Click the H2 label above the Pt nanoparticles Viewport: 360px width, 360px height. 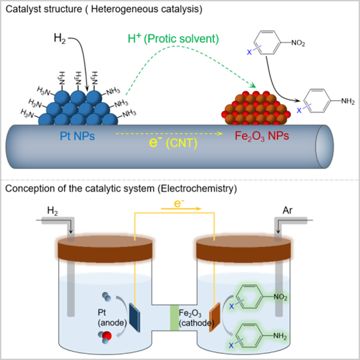pos(60,37)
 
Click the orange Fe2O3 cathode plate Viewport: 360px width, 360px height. pos(214,317)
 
